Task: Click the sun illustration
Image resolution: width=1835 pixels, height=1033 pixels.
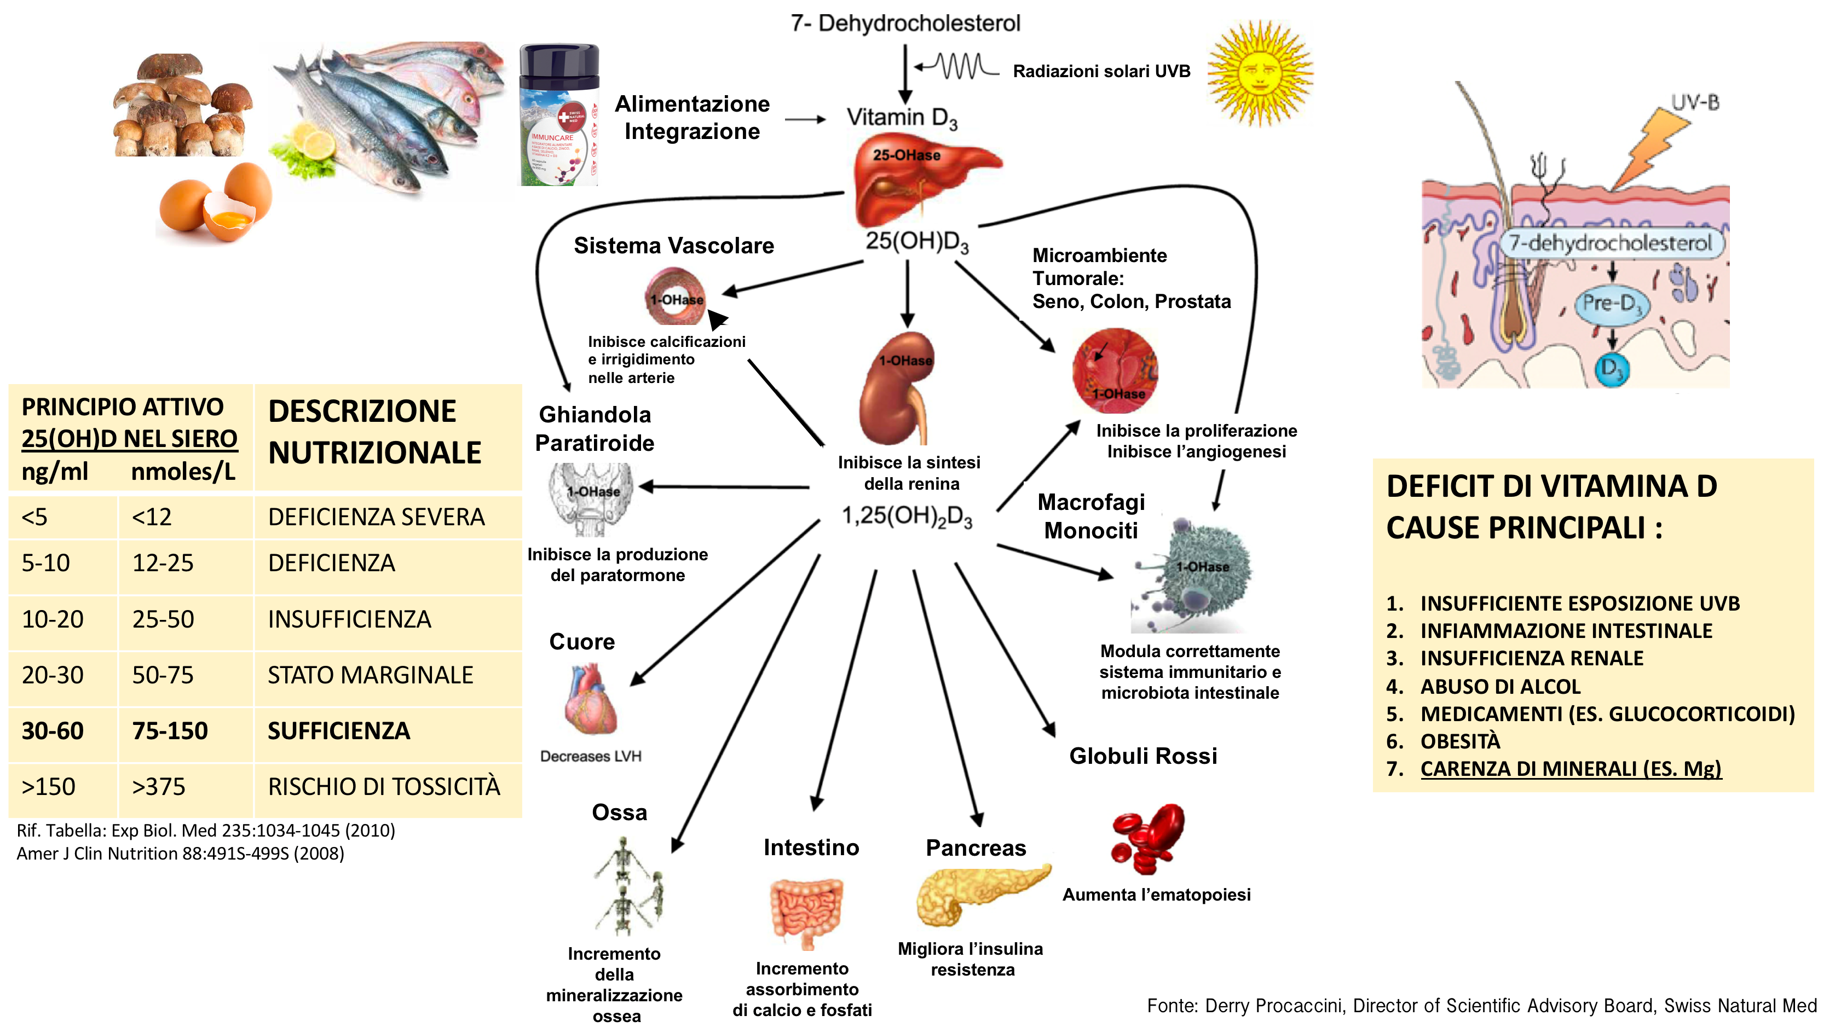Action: [x=1260, y=73]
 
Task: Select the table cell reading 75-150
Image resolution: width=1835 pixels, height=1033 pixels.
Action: [x=170, y=731]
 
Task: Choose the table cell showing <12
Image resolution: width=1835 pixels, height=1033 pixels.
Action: [x=152, y=517]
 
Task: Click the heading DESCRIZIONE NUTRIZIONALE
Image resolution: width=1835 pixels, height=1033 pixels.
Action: [x=374, y=432]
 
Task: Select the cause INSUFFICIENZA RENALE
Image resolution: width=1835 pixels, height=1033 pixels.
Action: [x=1532, y=659]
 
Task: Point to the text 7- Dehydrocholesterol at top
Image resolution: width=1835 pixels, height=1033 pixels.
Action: [x=905, y=24]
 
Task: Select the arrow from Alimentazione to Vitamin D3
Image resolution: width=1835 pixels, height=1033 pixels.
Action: [x=805, y=120]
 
